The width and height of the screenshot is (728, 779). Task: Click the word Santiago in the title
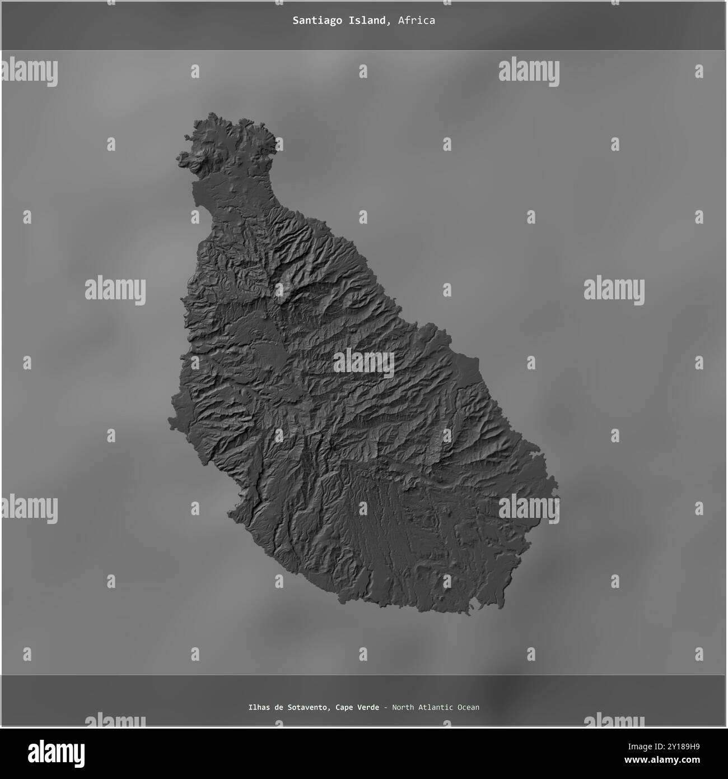[x=311, y=21]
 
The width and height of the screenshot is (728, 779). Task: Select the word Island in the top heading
[x=370, y=21]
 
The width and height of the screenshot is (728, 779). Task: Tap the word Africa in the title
[x=417, y=21]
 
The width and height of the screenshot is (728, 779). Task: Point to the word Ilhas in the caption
[x=260, y=707]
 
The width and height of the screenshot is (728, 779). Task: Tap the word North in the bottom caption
[x=403, y=707]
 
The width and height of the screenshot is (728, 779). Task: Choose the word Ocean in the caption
[x=468, y=707]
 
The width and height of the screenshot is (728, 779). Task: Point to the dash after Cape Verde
[x=385, y=707]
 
